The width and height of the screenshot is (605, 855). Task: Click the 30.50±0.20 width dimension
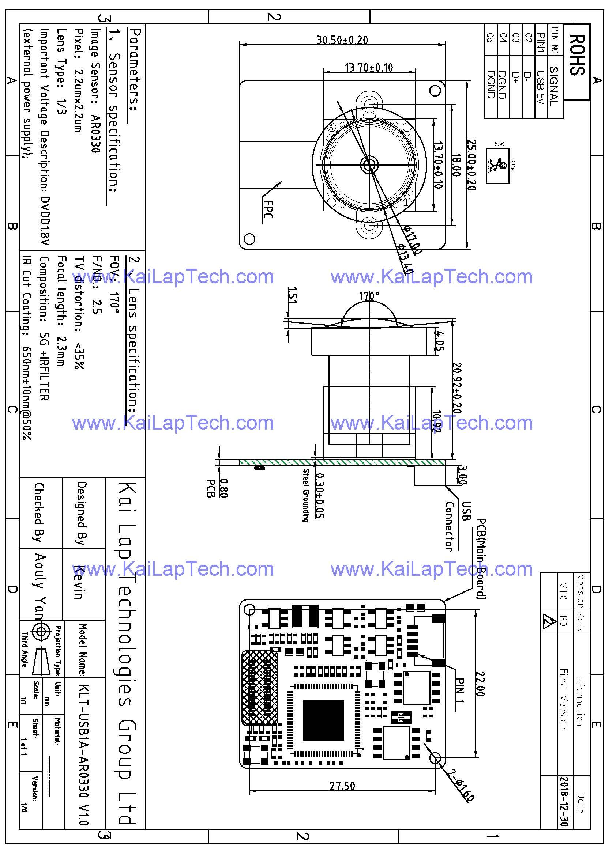(x=342, y=40)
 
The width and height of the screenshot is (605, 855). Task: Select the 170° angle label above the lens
(x=369, y=296)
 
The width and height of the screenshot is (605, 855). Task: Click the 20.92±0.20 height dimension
(x=457, y=387)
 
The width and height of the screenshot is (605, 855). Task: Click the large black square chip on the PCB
(x=323, y=720)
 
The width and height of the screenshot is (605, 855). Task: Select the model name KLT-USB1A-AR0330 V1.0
(x=84, y=760)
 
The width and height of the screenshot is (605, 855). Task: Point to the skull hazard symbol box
(x=498, y=166)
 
